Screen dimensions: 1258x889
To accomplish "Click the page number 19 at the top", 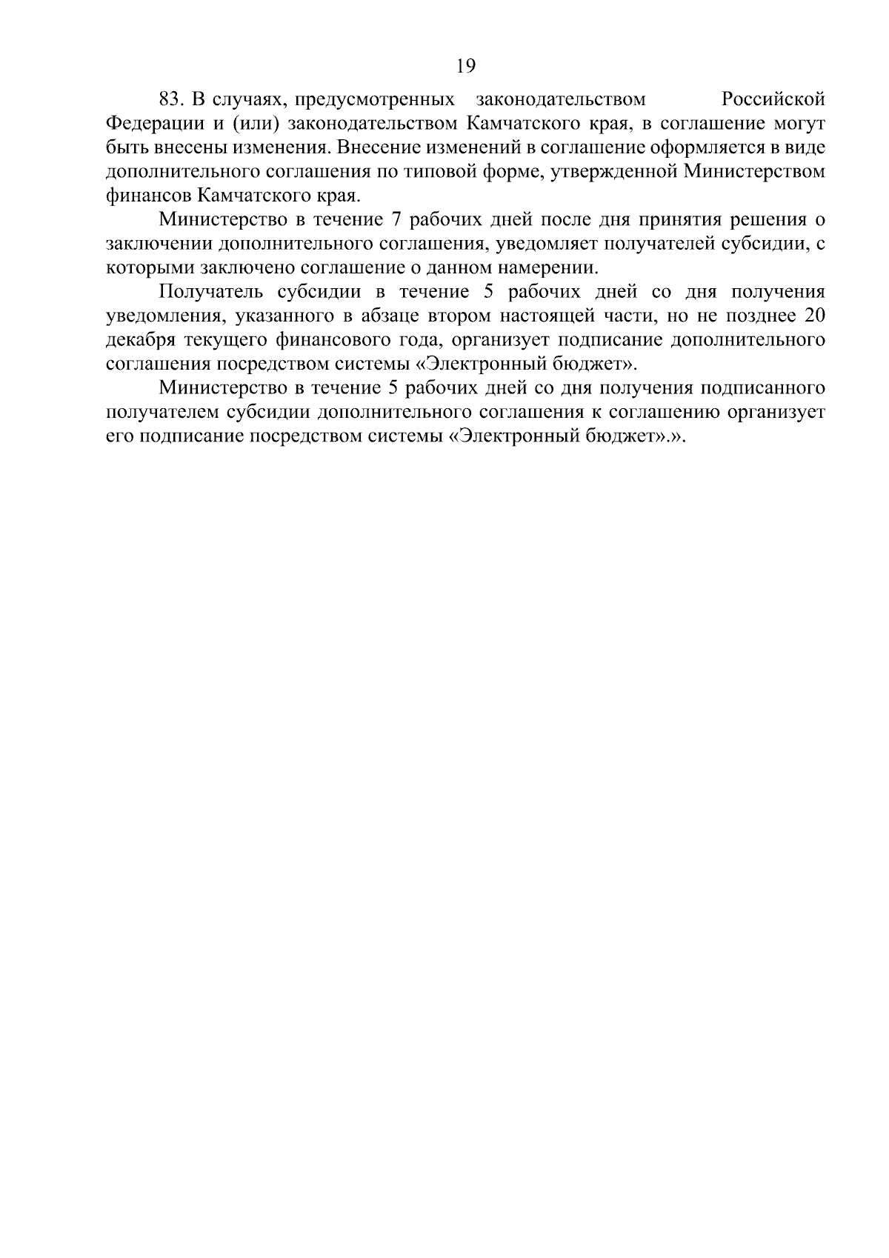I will tap(465, 67).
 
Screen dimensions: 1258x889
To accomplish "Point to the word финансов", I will tap(148, 196).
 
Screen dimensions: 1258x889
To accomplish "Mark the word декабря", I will tap(143, 341).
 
